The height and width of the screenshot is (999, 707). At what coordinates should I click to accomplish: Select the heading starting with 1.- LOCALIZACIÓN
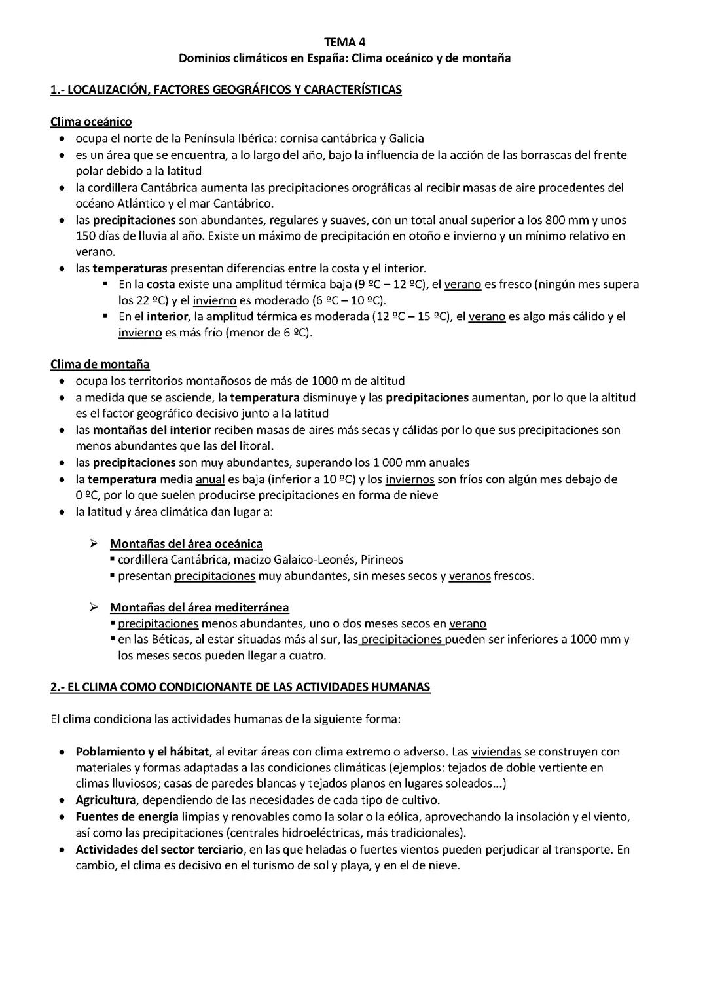[x=226, y=90]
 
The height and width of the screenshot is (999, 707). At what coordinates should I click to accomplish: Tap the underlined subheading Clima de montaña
[x=100, y=364]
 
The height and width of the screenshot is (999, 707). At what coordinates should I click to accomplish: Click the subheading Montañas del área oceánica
[x=186, y=544]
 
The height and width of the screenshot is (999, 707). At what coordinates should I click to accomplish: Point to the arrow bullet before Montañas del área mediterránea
[x=94, y=608]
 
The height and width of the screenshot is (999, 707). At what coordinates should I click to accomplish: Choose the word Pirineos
[x=382, y=560]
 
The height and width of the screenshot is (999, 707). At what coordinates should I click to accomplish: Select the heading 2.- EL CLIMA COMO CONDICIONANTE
[x=240, y=687]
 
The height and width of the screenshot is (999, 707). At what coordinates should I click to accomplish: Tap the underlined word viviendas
[x=496, y=752]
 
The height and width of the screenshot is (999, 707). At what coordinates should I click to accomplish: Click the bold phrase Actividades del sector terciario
[x=159, y=849]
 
